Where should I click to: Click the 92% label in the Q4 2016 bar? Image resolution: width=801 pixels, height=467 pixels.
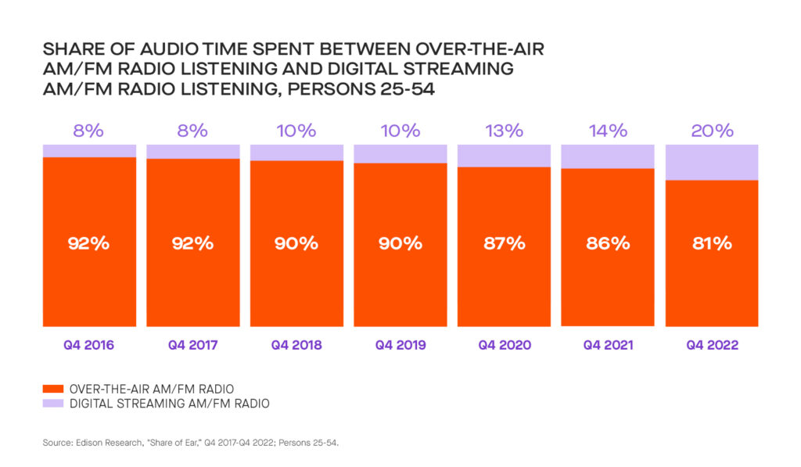(x=88, y=242)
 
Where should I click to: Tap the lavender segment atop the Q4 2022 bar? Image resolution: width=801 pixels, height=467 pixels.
(x=712, y=162)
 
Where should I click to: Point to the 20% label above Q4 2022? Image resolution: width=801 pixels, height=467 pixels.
(x=712, y=131)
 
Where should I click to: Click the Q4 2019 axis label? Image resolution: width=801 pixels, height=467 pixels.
(x=400, y=344)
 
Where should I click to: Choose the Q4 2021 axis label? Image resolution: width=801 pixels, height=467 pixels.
(x=608, y=344)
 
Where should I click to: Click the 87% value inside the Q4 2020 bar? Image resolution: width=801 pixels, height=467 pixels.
(x=504, y=242)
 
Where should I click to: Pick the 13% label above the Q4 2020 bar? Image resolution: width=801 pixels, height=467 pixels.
(x=504, y=131)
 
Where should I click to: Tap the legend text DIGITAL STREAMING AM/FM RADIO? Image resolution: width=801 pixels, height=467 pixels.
(x=170, y=404)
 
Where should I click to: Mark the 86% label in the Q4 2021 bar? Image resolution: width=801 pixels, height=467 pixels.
(x=608, y=242)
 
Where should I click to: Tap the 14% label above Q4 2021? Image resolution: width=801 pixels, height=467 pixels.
(x=608, y=131)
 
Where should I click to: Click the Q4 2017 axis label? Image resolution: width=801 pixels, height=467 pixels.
(x=192, y=344)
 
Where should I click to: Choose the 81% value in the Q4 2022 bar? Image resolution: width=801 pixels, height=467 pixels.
(x=712, y=242)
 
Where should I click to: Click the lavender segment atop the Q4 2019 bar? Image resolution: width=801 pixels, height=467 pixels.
(x=400, y=153)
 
